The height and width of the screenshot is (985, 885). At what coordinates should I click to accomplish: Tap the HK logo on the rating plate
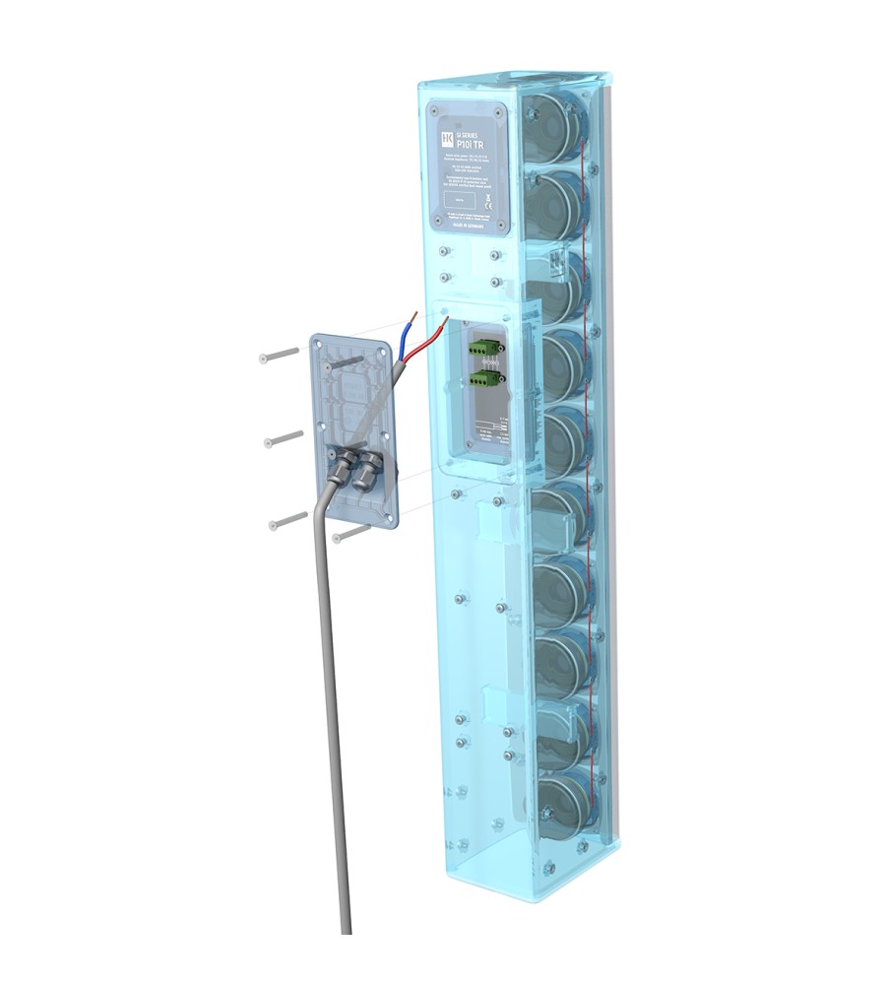(445, 137)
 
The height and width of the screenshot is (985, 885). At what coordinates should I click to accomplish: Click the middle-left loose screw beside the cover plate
(283, 438)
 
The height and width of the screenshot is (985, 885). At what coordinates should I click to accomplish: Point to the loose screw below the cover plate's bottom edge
(350, 533)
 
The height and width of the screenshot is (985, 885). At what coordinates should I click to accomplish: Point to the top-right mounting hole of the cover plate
(378, 351)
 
